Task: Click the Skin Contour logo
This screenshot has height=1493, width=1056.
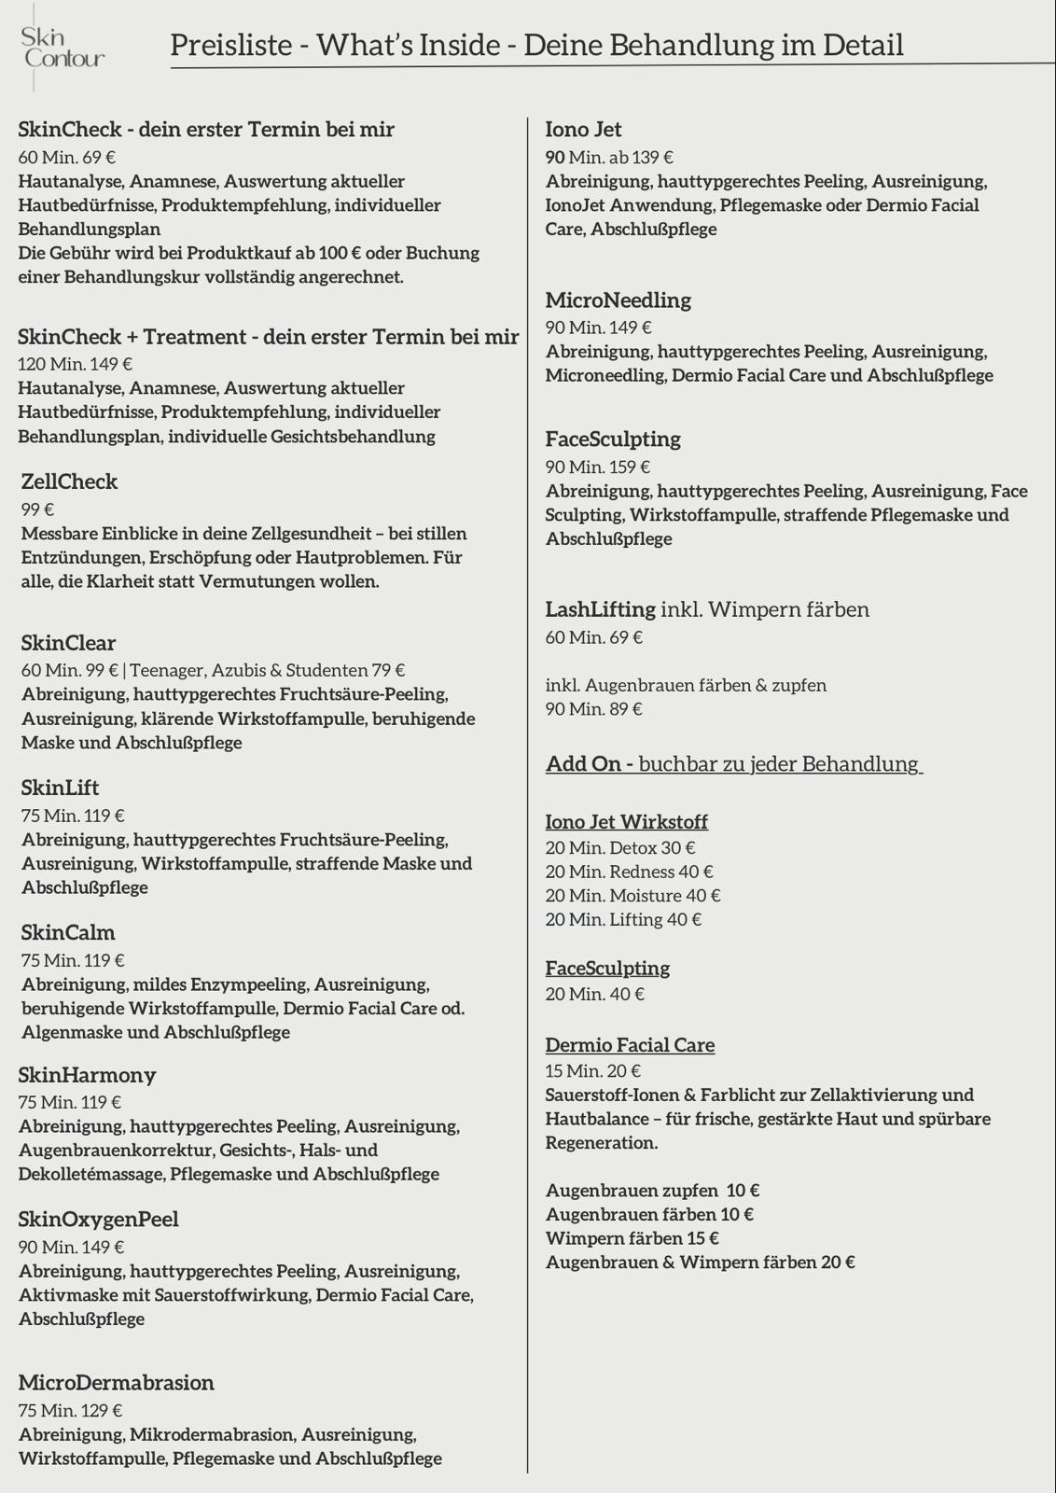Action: pos(62,48)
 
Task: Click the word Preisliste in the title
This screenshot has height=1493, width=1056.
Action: pos(231,45)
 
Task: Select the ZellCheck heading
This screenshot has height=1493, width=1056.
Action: pos(69,481)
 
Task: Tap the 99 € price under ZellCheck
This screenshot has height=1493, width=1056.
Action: pos(37,509)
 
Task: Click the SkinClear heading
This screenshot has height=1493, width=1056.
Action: pos(68,643)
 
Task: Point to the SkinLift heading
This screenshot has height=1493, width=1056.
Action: pos(60,788)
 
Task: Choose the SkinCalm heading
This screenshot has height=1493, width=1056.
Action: pos(68,932)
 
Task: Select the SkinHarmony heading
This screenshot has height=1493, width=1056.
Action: pos(87,1075)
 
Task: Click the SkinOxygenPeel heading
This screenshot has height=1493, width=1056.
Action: pos(98,1220)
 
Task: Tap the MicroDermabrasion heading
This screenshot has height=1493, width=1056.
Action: pos(116,1383)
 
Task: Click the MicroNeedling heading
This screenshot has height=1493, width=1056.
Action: pos(618,300)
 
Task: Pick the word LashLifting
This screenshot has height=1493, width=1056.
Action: pos(600,609)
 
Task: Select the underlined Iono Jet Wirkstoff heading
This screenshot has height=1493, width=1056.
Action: pos(626,822)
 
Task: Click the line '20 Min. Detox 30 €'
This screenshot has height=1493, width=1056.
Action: pos(619,848)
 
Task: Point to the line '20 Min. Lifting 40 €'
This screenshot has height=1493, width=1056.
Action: pos(623,919)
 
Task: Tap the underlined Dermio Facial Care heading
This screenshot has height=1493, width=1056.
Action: pos(630,1045)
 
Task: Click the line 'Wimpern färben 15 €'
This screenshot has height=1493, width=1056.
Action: pos(632,1238)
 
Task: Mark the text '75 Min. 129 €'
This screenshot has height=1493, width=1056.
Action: pos(70,1411)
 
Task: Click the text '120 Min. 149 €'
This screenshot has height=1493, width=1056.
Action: pos(75,364)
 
